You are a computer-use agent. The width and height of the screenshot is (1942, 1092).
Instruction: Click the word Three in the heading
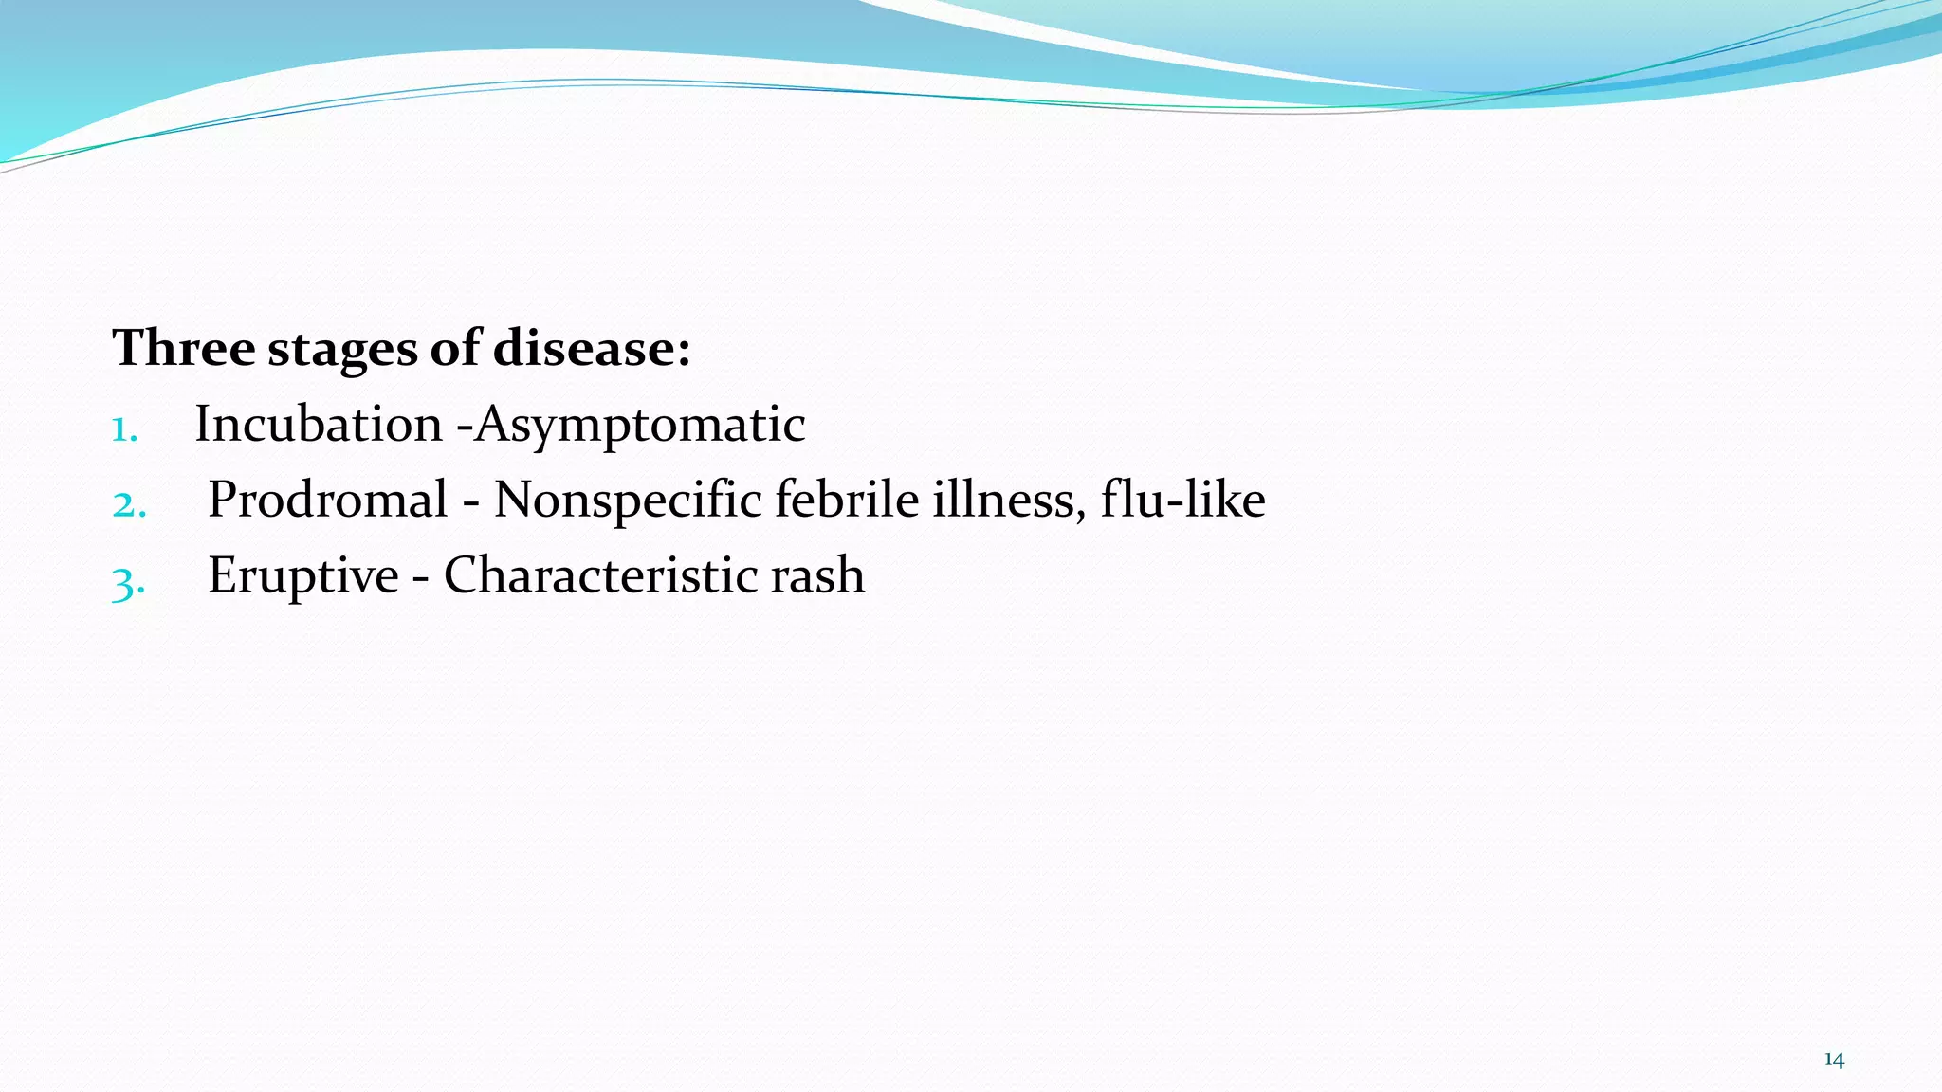point(183,348)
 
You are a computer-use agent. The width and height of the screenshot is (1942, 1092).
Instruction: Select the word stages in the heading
point(341,350)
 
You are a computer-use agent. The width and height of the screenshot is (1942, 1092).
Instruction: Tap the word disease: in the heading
point(592,348)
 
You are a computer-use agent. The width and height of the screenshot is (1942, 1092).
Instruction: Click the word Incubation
point(319,424)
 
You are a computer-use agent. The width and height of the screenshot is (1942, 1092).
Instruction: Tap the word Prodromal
point(328,500)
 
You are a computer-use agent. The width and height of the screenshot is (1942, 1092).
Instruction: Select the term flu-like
point(1182,500)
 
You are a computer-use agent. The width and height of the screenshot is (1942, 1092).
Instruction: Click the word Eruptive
point(303,576)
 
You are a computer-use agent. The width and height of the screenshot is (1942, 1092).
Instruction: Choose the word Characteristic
point(600,575)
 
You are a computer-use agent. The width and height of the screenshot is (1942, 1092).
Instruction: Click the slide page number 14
point(1834,1060)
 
